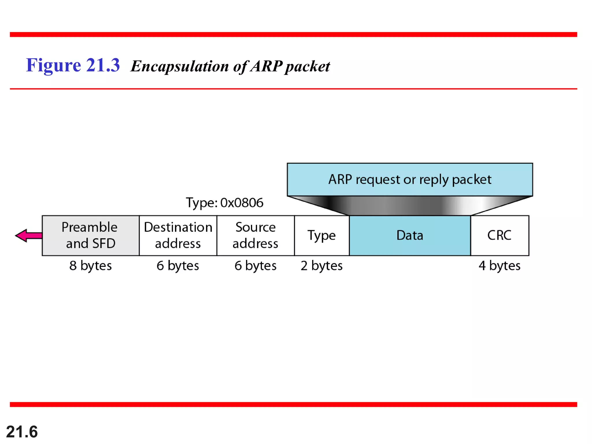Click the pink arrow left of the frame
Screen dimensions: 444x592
[28, 236]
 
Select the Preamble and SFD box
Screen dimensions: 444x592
[90, 235]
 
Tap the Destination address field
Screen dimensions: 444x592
[178, 235]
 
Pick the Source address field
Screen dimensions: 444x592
[256, 235]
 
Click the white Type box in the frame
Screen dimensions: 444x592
[321, 235]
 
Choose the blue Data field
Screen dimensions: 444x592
[410, 235]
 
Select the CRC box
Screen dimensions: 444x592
[499, 235]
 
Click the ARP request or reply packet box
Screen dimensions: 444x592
[410, 180]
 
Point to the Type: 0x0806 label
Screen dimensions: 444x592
[225, 203]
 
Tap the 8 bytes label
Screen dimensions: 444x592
[90, 266]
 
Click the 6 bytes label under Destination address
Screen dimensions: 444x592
[178, 266]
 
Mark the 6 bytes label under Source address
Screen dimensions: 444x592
[256, 266]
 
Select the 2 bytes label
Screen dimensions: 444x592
[321, 266]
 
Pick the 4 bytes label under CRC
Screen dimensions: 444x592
[499, 266]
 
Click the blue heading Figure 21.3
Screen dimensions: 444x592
[73, 65]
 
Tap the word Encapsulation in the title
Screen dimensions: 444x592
[180, 66]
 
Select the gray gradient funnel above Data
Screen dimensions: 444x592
[410, 206]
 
